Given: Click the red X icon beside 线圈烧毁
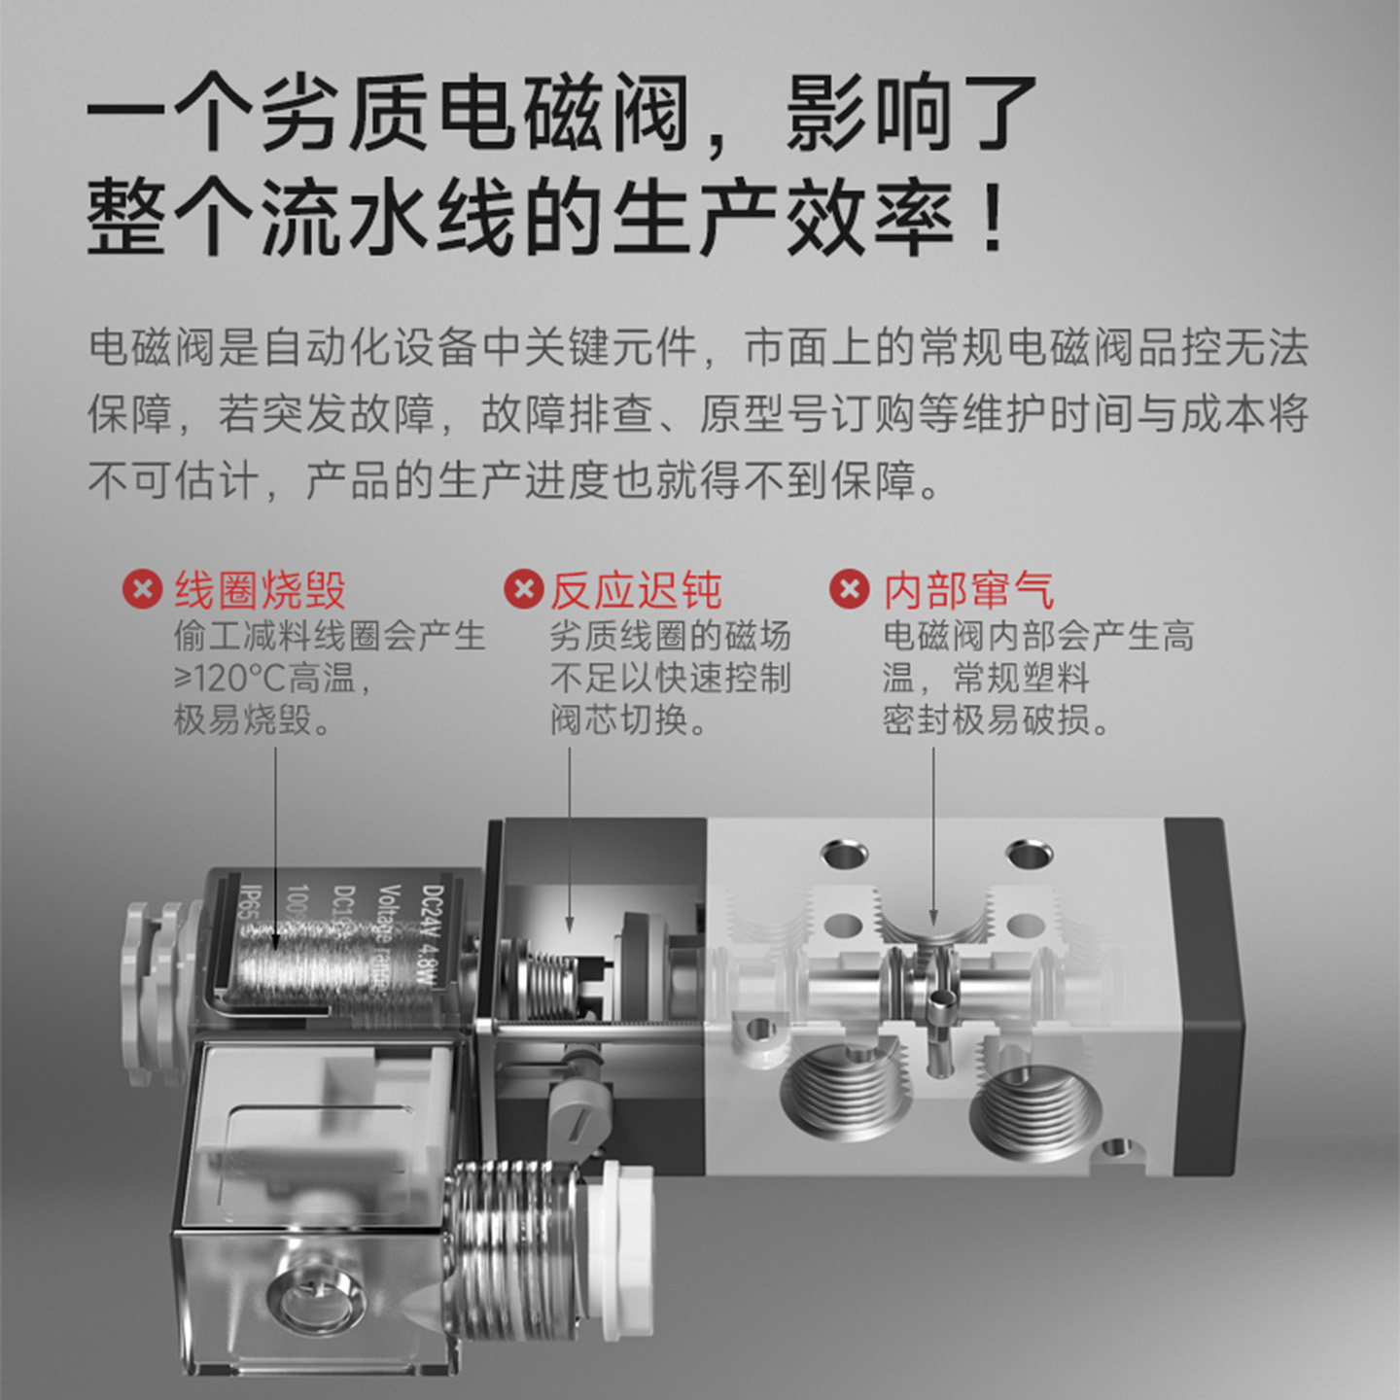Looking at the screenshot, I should [142, 589].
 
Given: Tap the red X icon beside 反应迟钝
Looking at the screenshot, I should [523, 589].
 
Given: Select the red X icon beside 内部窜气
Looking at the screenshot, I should [849, 589].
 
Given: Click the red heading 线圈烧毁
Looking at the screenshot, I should [260, 590].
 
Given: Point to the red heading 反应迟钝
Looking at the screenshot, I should [636, 590].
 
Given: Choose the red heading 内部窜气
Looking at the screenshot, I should [968, 590].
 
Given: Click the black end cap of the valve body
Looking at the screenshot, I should [1206, 997].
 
